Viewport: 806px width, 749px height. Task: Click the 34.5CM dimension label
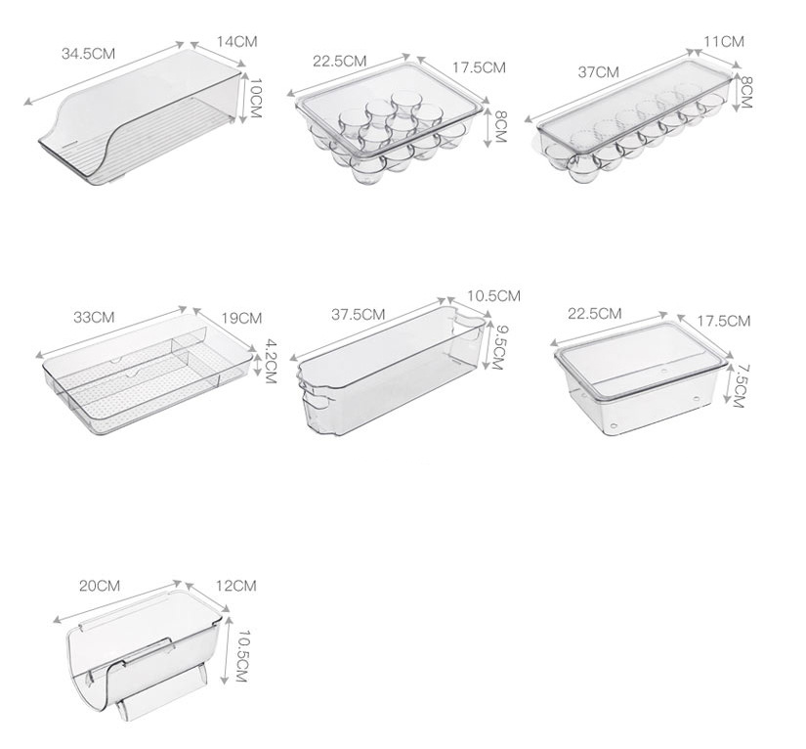pyautogui.click(x=88, y=54)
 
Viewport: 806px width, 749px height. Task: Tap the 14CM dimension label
pyautogui.click(x=236, y=42)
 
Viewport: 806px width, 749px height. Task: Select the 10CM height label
pyautogui.click(x=253, y=98)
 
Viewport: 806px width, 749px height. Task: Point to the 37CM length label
pyautogui.click(x=598, y=72)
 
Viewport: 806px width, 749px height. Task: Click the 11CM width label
pyautogui.click(x=724, y=42)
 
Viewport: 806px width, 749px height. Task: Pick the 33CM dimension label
pyautogui.click(x=94, y=317)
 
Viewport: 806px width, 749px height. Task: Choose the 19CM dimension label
pyautogui.click(x=241, y=319)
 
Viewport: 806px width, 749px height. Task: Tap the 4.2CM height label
pyautogui.click(x=271, y=361)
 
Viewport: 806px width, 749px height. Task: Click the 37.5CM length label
pyautogui.click(x=358, y=314)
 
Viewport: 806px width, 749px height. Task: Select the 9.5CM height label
pyautogui.click(x=497, y=347)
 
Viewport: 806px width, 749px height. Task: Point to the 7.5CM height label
pyautogui.click(x=739, y=386)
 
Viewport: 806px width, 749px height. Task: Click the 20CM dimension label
pyautogui.click(x=100, y=586)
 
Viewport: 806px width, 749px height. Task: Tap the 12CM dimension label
pyautogui.click(x=236, y=586)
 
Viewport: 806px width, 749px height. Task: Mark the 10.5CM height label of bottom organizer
pyautogui.click(x=240, y=656)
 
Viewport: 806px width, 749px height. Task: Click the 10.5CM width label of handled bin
pyautogui.click(x=493, y=296)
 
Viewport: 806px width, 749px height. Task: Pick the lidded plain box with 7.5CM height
pyautogui.click(x=641, y=379)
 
